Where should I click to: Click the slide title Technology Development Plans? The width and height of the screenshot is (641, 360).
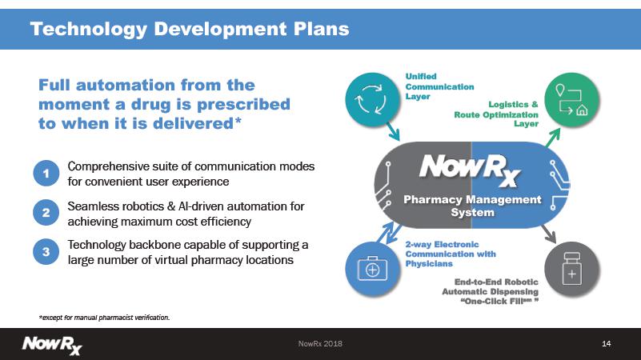coord(190,29)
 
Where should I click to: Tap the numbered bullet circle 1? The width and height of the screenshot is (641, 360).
coord(46,174)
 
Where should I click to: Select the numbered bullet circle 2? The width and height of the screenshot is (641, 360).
coord(46,213)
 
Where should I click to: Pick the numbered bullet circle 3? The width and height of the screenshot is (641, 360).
coord(46,252)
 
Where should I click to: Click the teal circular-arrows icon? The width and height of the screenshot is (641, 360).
coord(372,99)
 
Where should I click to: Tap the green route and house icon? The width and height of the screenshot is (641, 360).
coord(572,99)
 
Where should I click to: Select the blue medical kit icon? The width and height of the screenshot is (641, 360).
coord(372,269)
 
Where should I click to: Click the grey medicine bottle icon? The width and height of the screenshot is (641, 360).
coord(572,269)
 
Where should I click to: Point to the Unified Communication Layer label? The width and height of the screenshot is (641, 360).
coord(439,86)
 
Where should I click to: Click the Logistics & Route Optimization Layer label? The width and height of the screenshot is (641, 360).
coord(496,114)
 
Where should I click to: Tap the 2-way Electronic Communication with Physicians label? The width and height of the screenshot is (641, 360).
coord(450,254)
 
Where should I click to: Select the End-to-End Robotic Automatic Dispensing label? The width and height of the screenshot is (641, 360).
coord(490,291)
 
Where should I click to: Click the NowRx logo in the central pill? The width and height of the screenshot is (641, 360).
coord(470,170)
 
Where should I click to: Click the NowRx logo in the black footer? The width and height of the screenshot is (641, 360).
coord(52,346)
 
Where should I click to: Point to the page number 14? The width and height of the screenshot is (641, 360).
coord(607,344)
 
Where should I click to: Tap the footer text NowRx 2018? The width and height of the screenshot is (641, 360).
coord(320,344)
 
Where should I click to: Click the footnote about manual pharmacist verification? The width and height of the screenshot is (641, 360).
coord(104,318)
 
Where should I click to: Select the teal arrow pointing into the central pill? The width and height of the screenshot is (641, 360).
coord(392,130)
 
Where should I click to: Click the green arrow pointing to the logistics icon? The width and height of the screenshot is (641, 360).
coord(552,138)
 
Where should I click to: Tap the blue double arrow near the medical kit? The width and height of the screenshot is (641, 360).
coord(388,233)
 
